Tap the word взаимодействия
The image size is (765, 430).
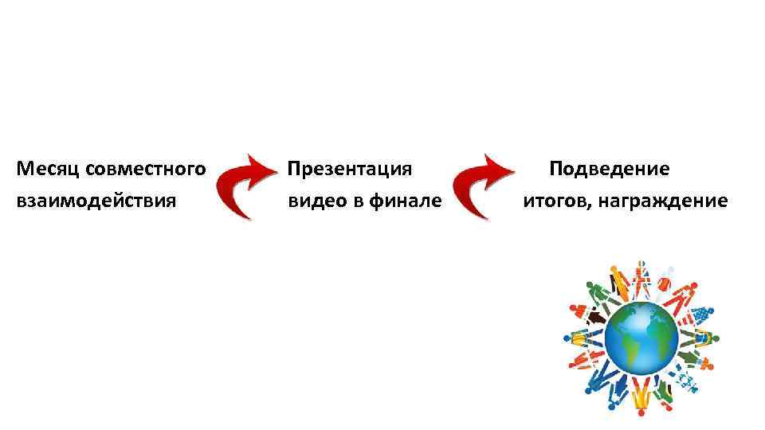(x=95, y=201)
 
